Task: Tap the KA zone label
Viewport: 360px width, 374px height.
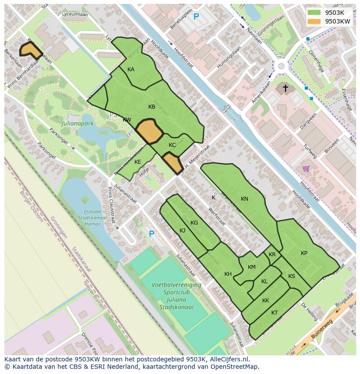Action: [x=131, y=70]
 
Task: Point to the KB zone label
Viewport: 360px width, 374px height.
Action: [x=152, y=107]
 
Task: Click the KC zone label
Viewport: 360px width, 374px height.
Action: [x=172, y=145]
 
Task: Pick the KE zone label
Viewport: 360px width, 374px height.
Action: [x=138, y=162]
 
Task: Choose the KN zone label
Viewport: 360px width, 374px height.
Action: [x=244, y=199]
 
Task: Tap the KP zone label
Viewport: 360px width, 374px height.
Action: [x=304, y=253]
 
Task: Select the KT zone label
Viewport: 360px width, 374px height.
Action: [x=274, y=313]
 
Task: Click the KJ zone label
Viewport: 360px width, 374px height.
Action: [x=183, y=230]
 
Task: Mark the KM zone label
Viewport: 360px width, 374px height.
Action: [x=252, y=267]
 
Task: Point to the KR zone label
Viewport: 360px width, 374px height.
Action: [x=272, y=255]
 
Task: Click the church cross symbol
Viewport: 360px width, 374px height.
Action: [x=286, y=89]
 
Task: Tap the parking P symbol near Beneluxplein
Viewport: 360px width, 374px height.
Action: [x=196, y=17]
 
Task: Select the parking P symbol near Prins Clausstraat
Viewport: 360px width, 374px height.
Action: [x=152, y=234]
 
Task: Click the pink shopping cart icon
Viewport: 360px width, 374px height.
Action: [x=306, y=168]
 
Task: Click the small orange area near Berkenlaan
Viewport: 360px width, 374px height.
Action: [x=30, y=50]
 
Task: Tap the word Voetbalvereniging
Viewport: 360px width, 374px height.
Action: [x=176, y=285]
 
